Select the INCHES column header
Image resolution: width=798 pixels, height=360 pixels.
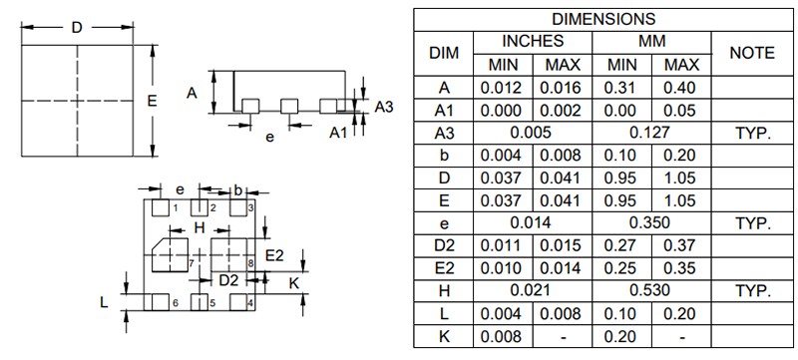[533, 42]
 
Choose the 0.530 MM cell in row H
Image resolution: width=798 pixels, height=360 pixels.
[651, 290]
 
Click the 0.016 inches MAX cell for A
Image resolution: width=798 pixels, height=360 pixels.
[563, 88]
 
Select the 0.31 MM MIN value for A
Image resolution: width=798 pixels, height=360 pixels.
[621, 88]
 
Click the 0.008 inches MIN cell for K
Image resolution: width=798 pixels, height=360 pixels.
[503, 336]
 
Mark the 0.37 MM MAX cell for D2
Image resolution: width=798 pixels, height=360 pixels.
[681, 244]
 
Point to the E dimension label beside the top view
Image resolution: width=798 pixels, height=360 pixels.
[151, 101]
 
